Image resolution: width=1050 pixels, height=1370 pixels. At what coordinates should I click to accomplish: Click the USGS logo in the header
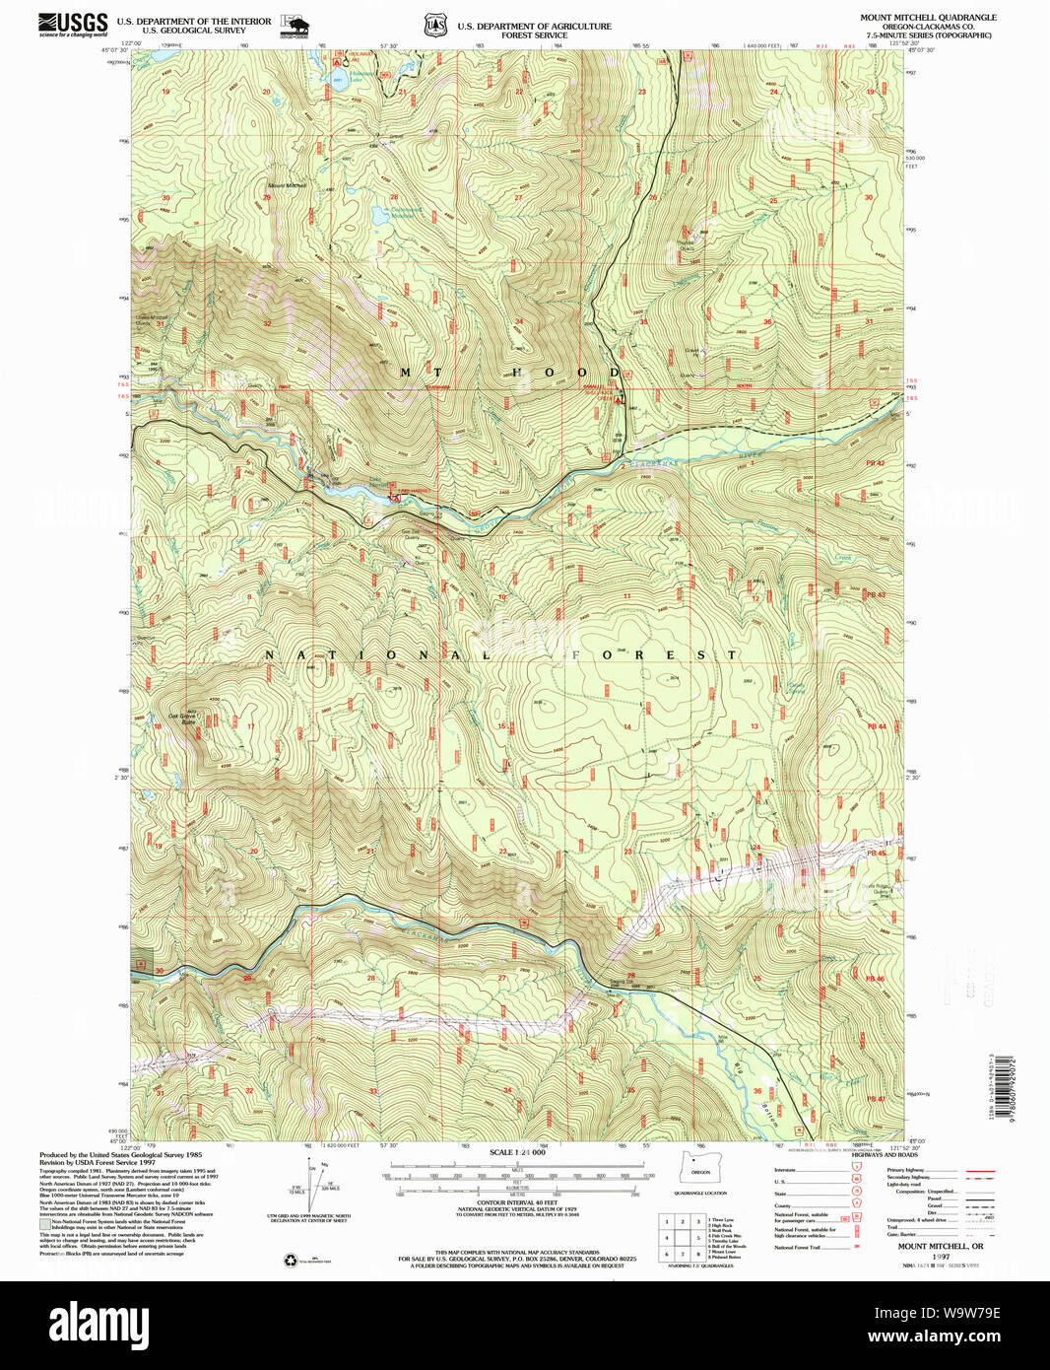[73, 25]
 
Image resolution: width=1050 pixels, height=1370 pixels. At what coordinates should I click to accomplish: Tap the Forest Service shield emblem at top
[434, 26]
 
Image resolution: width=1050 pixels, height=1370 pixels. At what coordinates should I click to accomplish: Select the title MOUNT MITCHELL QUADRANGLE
[928, 18]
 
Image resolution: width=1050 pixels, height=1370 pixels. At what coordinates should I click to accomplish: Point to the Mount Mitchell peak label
[288, 185]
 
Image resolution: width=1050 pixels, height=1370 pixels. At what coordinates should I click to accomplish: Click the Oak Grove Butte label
[183, 719]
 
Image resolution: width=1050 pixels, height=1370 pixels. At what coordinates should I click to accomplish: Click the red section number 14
[626, 727]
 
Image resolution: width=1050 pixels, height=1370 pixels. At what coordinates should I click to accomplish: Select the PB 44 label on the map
[876, 726]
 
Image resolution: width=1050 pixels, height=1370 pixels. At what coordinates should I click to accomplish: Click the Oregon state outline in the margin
[700, 1168]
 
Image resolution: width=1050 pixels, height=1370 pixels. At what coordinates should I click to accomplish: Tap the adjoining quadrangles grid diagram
[681, 1237]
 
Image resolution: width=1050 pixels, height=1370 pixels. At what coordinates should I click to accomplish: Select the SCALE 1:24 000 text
[517, 1152]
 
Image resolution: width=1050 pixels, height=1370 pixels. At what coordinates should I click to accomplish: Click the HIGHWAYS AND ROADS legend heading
[886, 1154]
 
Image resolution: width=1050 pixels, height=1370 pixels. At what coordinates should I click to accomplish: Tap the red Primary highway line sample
[979, 1171]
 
